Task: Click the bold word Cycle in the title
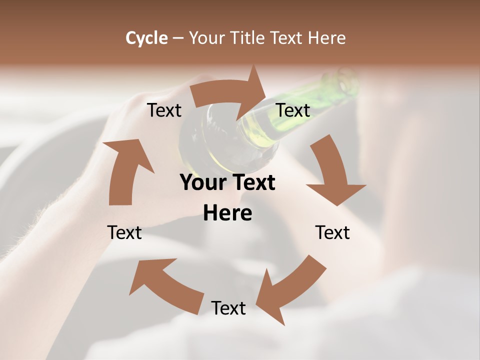tap(146, 38)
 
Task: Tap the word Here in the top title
tap(326, 38)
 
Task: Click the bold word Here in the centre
tap(227, 213)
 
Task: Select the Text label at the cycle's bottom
tap(228, 308)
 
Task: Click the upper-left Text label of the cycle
tap(164, 110)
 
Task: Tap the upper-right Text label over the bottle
tap(293, 110)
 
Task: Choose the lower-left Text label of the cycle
tap(124, 232)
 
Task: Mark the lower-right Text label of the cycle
tap(332, 232)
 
